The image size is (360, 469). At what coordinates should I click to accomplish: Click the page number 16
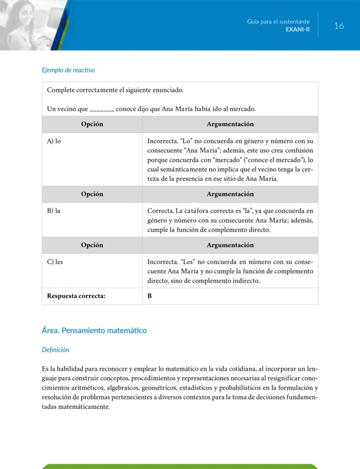pyautogui.click(x=339, y=26)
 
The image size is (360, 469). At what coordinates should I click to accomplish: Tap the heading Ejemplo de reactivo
pyautogui.click(x=68, y=70)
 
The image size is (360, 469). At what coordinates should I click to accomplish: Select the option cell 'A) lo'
pyautogui.click(x=54, y=141)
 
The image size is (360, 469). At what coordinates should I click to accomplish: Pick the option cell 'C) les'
pyautogui.click(x=55, y=262)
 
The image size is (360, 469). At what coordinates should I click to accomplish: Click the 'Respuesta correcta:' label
pyautogui.click(x=76, y=296)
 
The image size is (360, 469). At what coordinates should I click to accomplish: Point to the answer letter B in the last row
pyautogui.click(x=150, y=296)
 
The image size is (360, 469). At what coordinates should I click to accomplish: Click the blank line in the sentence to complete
pyautogui.click(x=102, y=109)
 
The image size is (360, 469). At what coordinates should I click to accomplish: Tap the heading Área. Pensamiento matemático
pyautogui.click(x=94, y=331)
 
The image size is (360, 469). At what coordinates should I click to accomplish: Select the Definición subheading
pyautogui.click(x=55, y=350)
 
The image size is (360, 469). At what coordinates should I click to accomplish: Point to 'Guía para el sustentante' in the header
pyautogui.click(x=278, y=21)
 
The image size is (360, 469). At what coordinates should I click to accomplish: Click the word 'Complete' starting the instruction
pyautogui.click(x=60, y=90)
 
